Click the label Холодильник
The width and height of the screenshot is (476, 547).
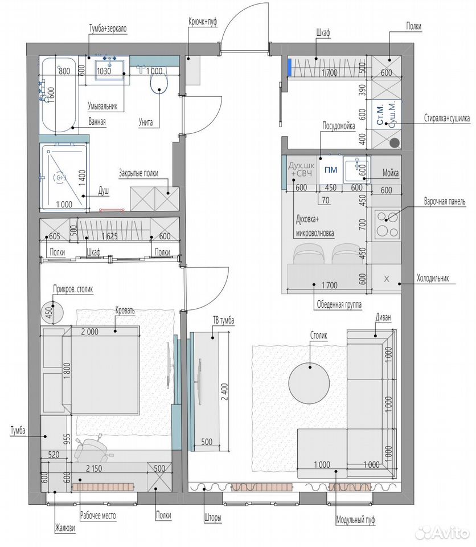coord(432,279)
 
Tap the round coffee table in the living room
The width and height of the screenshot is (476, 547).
coord(309,382)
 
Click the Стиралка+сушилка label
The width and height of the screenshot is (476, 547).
coord(447,118)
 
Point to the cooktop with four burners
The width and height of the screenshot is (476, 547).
coord(387,223)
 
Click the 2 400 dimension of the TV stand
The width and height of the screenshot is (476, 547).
coord(224,391)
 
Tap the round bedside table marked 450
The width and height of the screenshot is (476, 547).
coord(52,312)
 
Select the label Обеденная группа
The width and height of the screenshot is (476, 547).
coord(339,304)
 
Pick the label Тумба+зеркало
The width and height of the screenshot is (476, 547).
coord(108,28)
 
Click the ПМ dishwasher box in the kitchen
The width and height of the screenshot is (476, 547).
coord(331,170)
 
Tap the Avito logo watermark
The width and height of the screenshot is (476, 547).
coord(444,533)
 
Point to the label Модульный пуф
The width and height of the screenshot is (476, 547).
coord(355,520)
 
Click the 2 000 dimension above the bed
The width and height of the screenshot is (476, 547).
coord(89,332)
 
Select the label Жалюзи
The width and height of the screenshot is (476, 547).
coord(65,528)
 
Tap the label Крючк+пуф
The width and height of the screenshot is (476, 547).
coord(203,22)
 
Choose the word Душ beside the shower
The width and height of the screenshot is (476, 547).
coord(104,191)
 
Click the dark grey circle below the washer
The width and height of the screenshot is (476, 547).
coord(395,142)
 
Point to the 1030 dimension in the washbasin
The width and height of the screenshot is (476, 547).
coord(104,71)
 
